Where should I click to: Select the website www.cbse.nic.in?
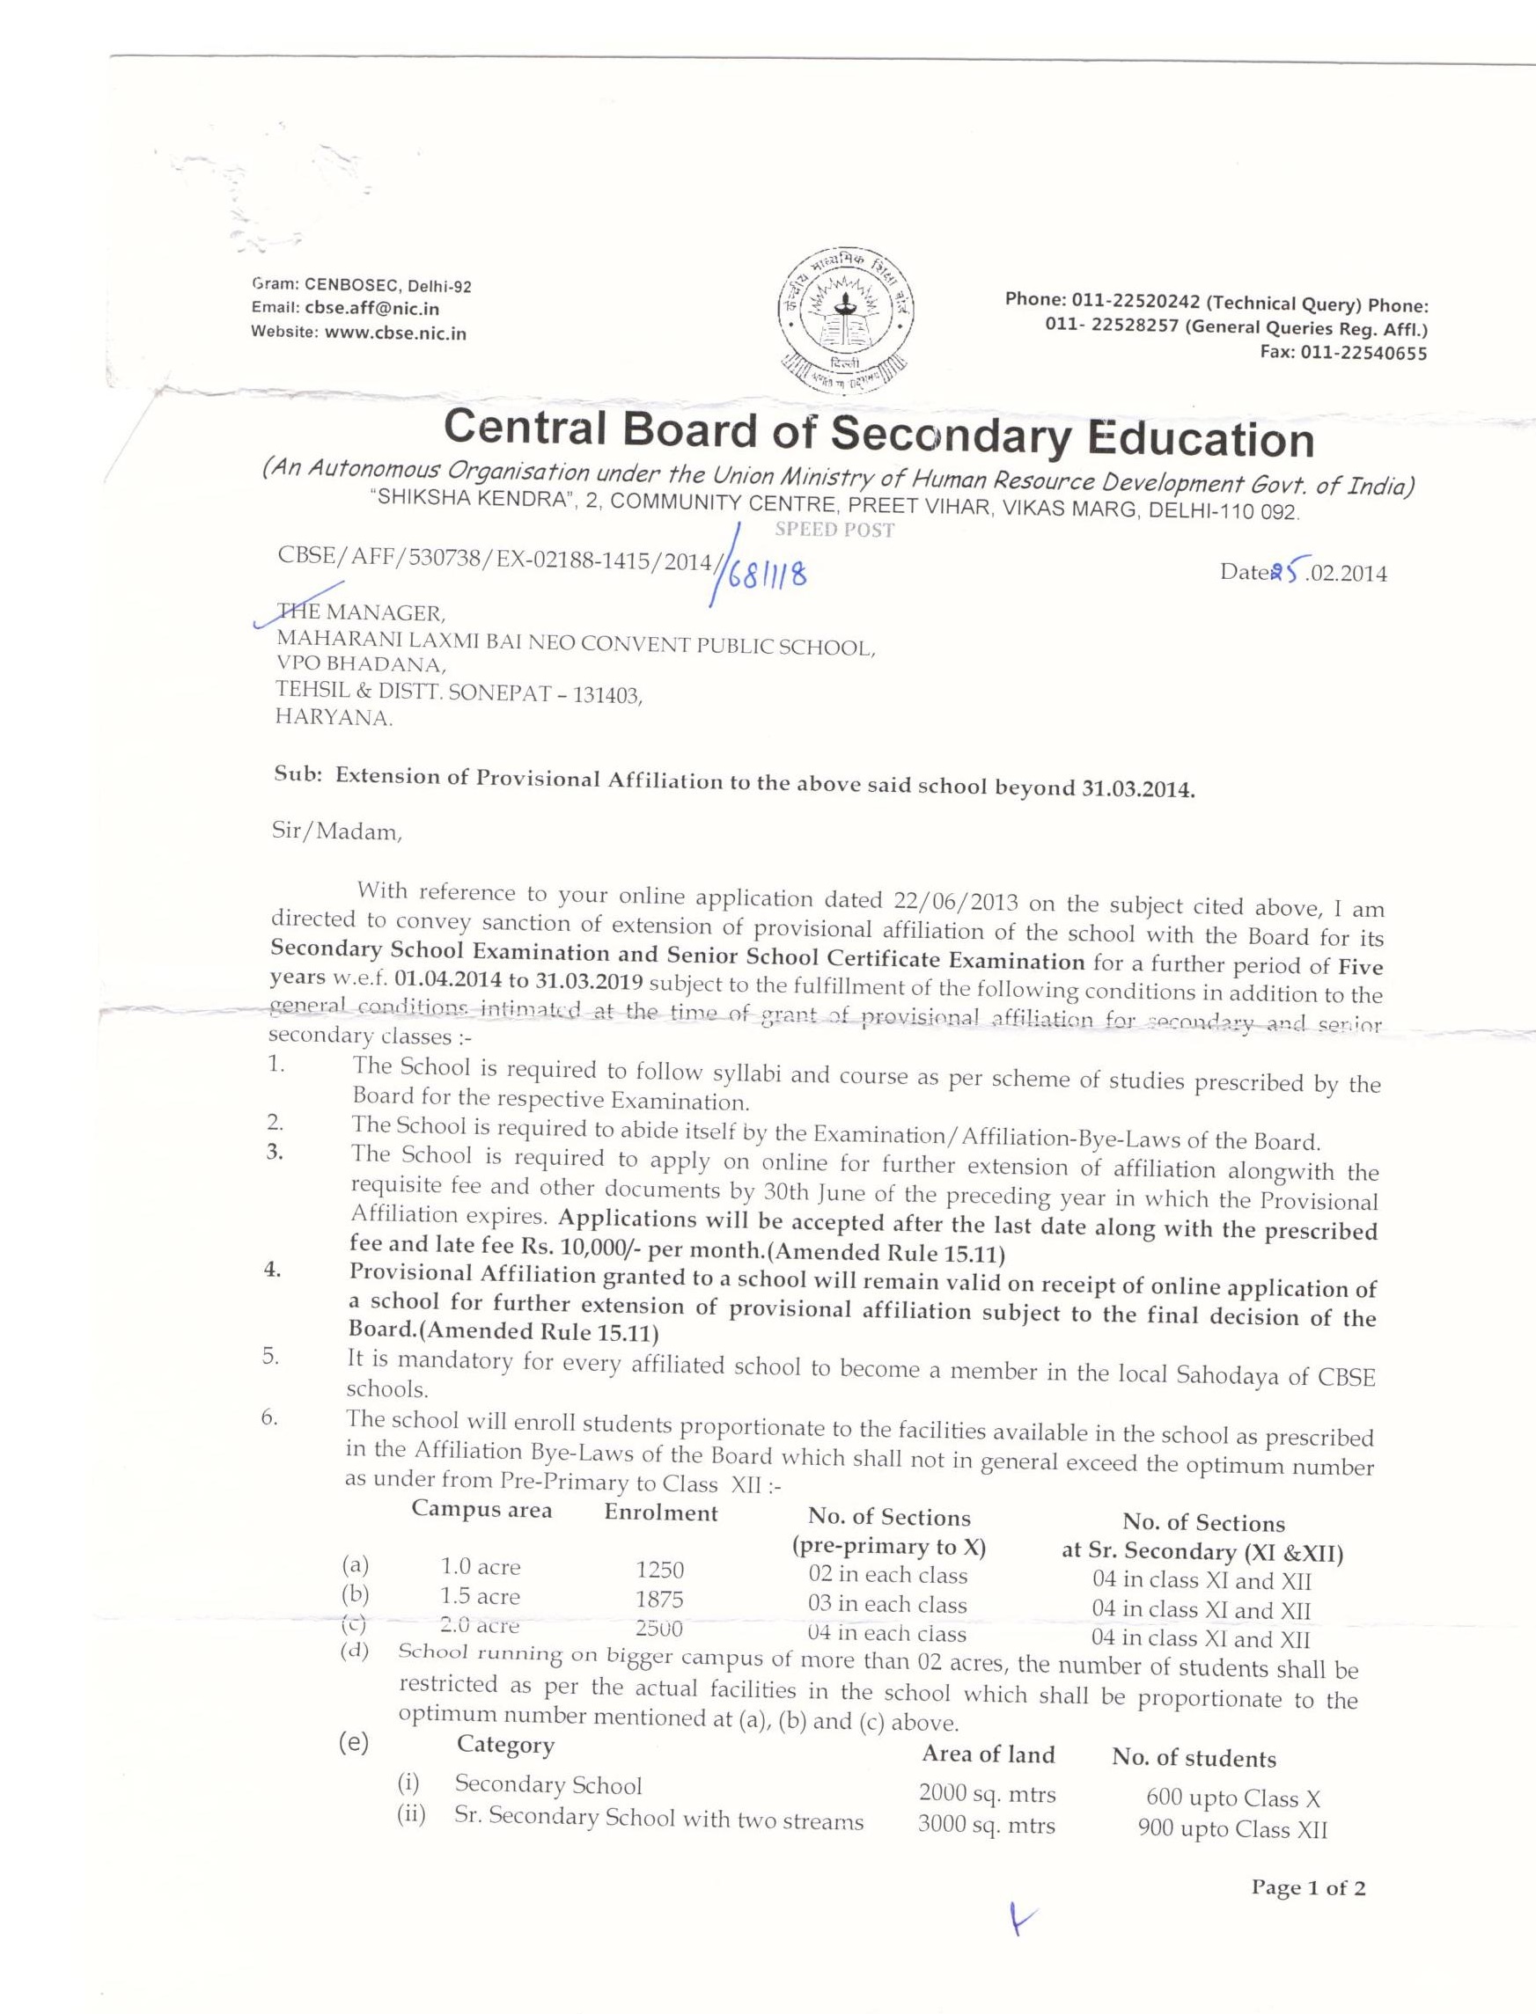395,333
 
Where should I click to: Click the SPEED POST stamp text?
834,530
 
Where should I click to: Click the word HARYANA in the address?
334,719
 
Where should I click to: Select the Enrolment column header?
661,1512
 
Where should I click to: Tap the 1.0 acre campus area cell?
480,1567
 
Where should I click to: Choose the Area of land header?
988,1754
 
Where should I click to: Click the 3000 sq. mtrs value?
987,1826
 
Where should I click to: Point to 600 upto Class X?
1232,1798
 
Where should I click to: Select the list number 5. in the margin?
271,1356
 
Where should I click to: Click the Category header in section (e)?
505,1745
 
